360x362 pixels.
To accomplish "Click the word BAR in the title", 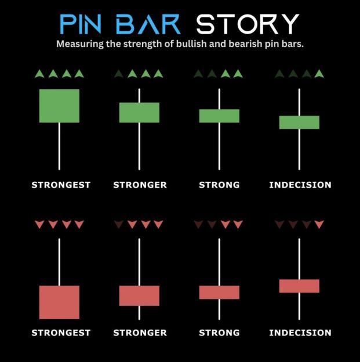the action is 148,24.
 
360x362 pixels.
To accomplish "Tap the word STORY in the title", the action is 248,24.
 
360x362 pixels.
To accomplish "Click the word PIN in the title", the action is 81,24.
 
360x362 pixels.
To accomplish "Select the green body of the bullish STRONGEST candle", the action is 59,106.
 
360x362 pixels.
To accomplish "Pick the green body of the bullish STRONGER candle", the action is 139,112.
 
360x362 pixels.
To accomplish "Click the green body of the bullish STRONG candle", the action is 219,116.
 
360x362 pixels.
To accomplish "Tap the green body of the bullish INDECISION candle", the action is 299,122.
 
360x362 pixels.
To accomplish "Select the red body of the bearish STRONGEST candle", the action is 59,302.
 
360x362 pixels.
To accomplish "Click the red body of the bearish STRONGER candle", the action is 139,296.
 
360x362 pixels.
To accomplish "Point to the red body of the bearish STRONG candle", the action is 219,292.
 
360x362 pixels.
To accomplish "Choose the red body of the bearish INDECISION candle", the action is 299,286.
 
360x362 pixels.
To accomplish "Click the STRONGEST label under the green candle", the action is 61,185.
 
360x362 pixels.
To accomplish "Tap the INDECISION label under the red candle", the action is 300,332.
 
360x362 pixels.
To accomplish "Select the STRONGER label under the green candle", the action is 140,185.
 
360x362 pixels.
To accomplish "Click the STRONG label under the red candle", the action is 219,332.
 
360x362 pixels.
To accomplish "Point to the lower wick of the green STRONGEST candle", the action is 59,147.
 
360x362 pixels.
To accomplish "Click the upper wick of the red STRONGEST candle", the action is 59,262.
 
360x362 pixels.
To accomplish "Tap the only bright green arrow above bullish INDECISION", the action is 319,74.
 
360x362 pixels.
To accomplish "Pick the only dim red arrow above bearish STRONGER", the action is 119,224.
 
